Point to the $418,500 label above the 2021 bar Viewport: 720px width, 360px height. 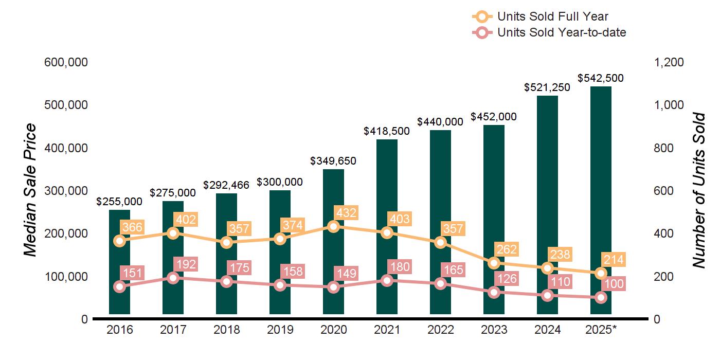(387, 131)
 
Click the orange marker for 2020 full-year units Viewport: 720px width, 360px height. (333, 226)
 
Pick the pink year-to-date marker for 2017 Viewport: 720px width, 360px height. (173, 278)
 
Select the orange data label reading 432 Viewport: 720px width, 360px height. (346, 212)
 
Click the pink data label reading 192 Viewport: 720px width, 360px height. (186, 264)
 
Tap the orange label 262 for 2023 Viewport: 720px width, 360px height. (507, 249)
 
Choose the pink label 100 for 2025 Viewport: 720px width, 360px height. (614, 284)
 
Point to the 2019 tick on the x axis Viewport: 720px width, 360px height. (280, 330)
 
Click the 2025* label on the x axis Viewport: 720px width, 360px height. (601, 330)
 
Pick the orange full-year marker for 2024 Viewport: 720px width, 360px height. (547, 268)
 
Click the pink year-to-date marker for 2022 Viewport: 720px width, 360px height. (440, 283)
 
